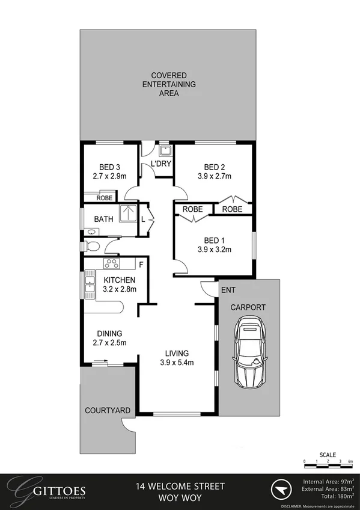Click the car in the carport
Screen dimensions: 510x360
249,354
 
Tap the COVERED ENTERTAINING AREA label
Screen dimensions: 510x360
168,84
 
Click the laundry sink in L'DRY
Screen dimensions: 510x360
163,150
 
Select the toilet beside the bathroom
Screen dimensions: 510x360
90,246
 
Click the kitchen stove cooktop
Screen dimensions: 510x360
111,263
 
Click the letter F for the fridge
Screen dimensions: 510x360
141,263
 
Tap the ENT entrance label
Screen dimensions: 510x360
228,290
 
